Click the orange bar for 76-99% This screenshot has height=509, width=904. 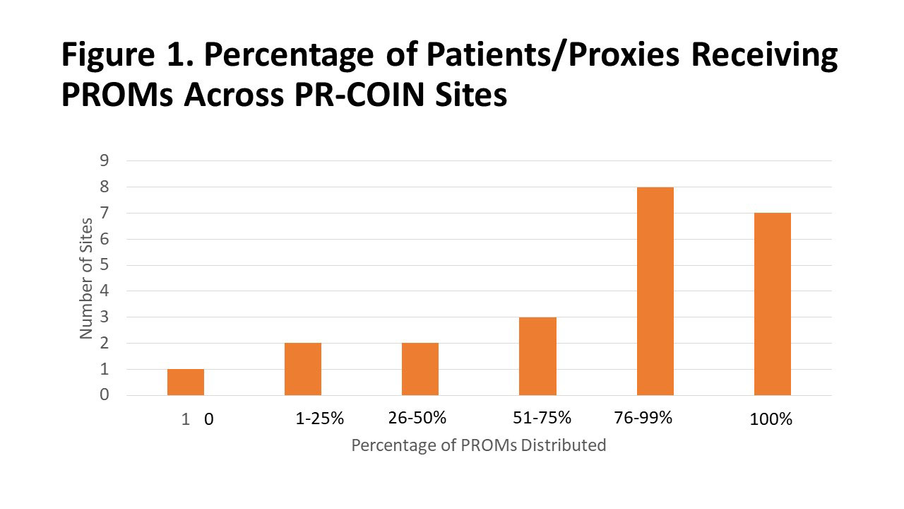pyautogui.click(x=655, y=291)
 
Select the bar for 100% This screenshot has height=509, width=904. pyautogui.click(x=772, y=304)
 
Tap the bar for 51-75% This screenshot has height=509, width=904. pyautogui.click(x=537, y=356)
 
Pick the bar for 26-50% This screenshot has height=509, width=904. pyautogui.click(x=420, y=369)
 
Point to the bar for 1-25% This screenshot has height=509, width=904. pyautogui.click(x=303, y=369)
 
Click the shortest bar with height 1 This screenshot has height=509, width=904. pyautogui.click(x=186, y=382)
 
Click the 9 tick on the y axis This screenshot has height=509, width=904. pyautogui.click(x=104, y=160)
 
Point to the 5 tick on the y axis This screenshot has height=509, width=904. pyautogui.click(x=104, y=265)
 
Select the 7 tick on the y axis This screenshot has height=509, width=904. pyautogui.click(x=104, y=213)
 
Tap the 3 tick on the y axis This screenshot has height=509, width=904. pyautogui.click(x=104, y=317)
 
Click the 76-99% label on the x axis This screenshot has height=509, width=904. pyautogui.click(x=643, y=418)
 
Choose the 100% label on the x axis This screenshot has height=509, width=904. pyautogui.click(x=771, y=419)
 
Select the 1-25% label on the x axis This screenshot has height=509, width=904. pyautogui.click(x=319, y=419)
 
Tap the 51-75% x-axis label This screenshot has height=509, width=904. pyautogui.click(x=542, y=418)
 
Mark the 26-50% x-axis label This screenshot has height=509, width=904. pyautogui.click(x=417, y=418)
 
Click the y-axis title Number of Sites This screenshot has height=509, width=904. pyautogui.click(x=87, y=278)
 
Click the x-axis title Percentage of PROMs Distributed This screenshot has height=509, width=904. pyautogui.click(x=479, y=445)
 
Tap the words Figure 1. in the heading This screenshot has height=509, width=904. pyautogui.click(x=125, y=55)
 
